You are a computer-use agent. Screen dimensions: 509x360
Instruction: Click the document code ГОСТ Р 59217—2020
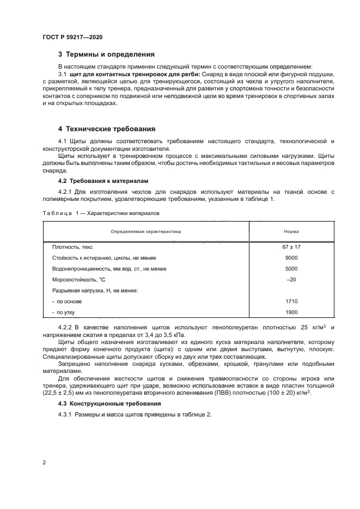coord(72,37)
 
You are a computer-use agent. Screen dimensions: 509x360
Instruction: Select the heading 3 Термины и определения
coord(106,54)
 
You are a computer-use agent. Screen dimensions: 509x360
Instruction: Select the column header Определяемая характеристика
coord(145,231)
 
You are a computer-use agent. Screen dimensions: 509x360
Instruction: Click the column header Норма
coord(291,231)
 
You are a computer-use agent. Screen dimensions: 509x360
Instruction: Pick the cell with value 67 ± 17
coord(291,247)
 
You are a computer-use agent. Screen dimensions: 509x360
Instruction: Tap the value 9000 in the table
coord(291,257)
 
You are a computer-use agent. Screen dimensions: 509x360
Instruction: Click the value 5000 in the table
coord(291,268)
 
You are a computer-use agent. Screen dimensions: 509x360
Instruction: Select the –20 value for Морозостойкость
coord(291,279)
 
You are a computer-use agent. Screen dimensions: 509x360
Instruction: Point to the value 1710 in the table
coord(291,301)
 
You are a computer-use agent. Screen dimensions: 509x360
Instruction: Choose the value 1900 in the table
coord(291,312)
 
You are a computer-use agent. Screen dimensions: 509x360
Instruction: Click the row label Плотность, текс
coord(72,247)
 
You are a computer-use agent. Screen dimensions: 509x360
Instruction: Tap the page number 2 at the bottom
coord(45,462)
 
